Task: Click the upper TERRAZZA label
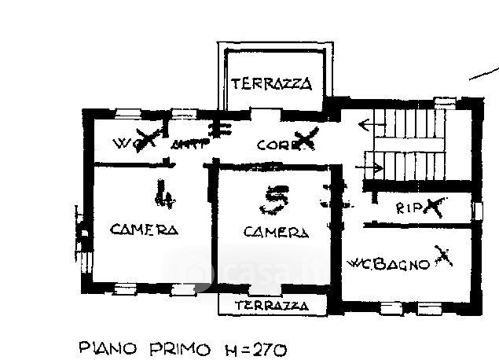[x=272, y=83]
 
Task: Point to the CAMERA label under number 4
[x=144, y=230]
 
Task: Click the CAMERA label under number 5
[x=274, y=232]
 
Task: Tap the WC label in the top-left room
[x=124, y=144]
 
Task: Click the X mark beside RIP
[x=435, y=207]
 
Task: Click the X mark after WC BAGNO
[x=444, y=257]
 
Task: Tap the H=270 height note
[x=251, y=347]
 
